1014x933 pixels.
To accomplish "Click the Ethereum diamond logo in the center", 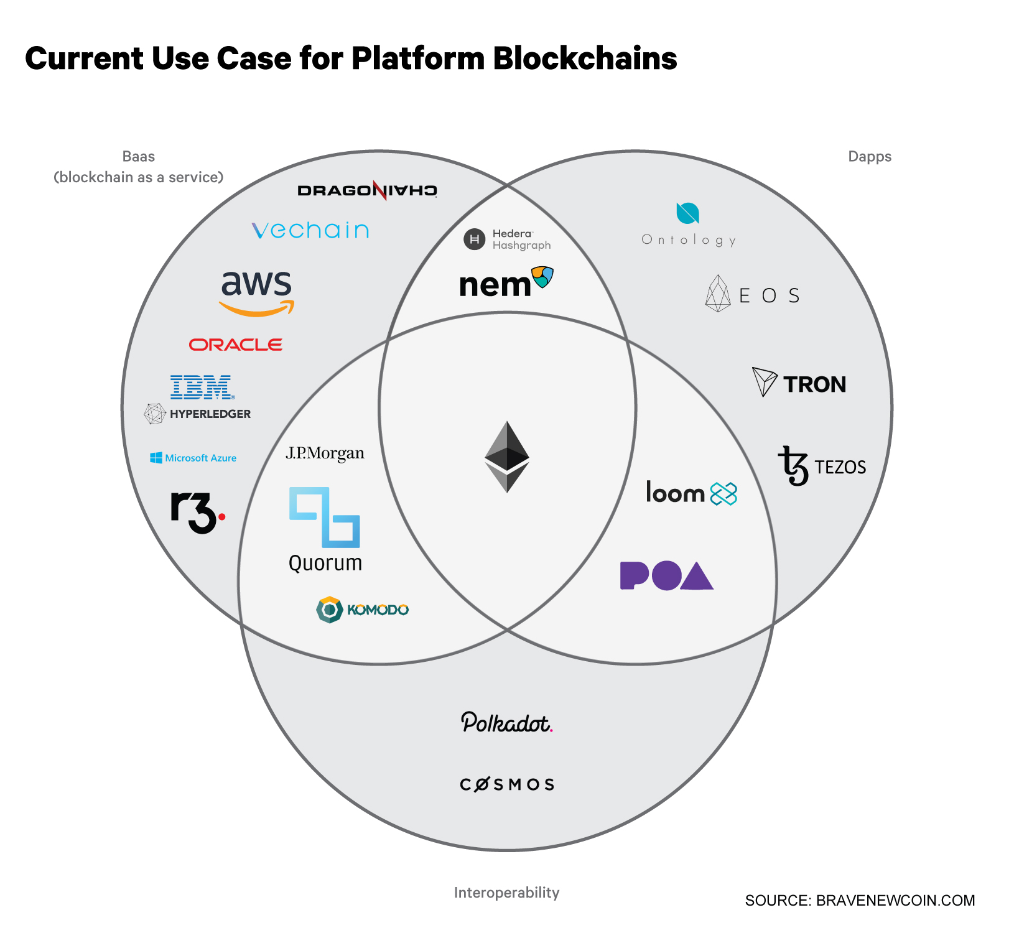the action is tap(507, 457).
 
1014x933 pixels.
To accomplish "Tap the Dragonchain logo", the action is tap(368, 190).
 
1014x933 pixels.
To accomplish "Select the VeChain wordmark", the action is tap(310, 230).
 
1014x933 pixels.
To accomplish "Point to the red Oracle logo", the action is tap(236, 345).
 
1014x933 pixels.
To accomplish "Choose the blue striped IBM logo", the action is tap(202, 387).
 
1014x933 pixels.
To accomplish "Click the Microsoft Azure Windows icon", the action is tap(156, 458).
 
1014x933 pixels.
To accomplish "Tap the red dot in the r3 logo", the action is tap(221, 516).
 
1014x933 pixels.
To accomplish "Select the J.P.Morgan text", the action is tap(325, 453).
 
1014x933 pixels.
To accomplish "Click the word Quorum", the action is tap(325, 563).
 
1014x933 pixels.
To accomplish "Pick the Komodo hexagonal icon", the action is tap(330, 610).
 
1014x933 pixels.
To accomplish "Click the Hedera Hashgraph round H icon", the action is tap(475, 239).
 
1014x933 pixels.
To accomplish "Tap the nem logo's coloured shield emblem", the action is tap(542, 277).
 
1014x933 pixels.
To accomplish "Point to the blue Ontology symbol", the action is tap(688, 213).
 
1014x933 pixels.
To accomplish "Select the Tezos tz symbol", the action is tap(793, 466).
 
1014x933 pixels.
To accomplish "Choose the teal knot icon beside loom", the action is tap(723, 494).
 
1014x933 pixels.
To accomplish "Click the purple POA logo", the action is tap(667, 575).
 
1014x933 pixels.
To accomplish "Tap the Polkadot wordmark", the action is tap(507, 722).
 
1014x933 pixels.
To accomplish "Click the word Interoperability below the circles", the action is tap(507, 893).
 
